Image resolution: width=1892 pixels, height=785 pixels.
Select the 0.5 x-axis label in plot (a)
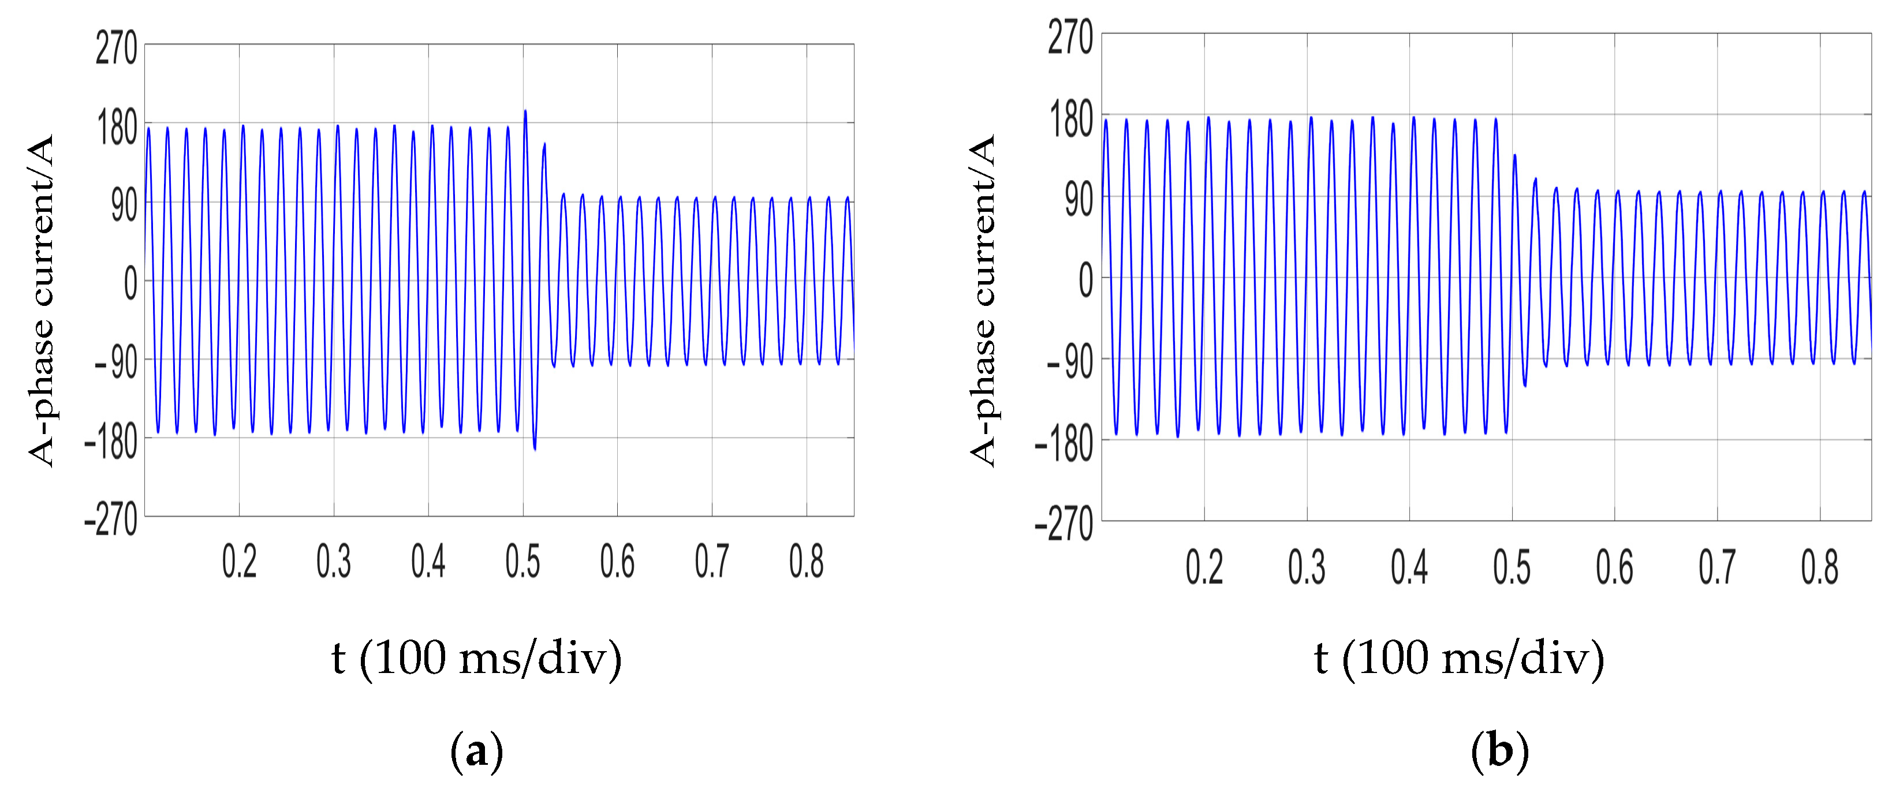[x=522, y=562]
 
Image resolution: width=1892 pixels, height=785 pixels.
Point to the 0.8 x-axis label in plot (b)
[x=1819, y=567]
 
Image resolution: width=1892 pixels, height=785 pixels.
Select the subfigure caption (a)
[x=477, y=751]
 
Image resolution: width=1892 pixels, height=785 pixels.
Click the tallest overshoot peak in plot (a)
[x=525, y=111]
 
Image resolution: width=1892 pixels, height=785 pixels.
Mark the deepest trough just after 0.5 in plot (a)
[x=535, y=448]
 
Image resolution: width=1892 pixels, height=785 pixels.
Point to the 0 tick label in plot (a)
[x=130, y=283]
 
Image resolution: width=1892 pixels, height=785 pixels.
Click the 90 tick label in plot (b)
[x=1079, y=199]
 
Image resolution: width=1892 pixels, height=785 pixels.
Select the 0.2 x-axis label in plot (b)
[x=1204, y=567]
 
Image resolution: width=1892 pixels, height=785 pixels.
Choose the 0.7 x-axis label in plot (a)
[x=712, y=562]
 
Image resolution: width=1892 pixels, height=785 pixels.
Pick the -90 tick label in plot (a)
[x=115, y=362]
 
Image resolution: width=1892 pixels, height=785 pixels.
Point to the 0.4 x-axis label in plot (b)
[x=1409, y=567]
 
